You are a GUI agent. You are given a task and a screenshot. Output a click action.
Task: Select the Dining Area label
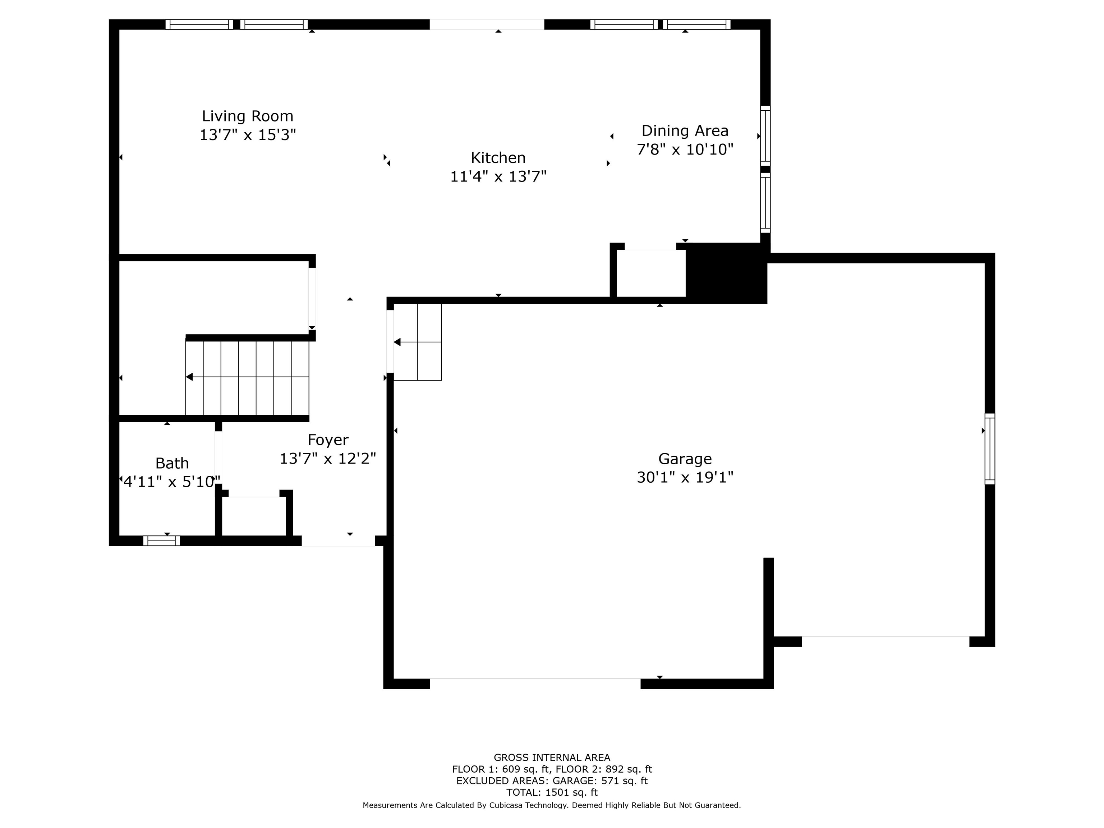pos(685,131)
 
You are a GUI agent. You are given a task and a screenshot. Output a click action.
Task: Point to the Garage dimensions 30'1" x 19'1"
pos(685,478)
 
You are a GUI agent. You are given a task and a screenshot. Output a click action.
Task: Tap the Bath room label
pos(172,463)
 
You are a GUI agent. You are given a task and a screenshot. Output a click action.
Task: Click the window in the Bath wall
pos(162,540)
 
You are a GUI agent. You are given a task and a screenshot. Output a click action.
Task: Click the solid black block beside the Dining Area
pos(726,273)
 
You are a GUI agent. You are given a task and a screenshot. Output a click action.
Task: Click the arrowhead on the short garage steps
pos(397,342)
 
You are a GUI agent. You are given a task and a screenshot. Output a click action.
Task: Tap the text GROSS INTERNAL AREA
pos(552,758)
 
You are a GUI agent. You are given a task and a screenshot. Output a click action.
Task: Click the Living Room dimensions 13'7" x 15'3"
pos(248,135)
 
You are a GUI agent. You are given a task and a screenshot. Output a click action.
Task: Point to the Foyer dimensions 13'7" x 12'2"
pos(328,459)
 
